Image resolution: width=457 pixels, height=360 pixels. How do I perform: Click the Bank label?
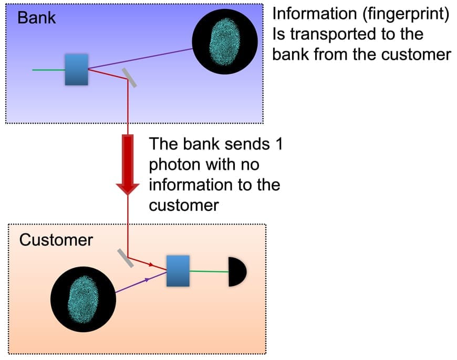(x=37, y=17)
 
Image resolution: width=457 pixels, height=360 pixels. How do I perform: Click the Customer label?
(x=56, y=240)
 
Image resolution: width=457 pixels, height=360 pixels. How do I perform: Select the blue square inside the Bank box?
(x=77, y=69)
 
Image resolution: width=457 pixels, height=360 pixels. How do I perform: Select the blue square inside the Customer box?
(x=178, y=271)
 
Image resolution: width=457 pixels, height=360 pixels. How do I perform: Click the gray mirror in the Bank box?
(x=128, y=78)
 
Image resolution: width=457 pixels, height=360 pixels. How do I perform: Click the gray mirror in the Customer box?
(x=124, y=257)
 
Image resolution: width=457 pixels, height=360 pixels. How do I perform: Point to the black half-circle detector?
(x=236, y=272)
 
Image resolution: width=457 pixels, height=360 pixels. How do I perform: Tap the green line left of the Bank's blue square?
(x=48, y=69)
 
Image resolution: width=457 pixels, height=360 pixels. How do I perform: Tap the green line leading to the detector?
(x=209, y=271)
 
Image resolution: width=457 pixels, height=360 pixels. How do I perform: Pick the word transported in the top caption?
(x=337, y=34)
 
